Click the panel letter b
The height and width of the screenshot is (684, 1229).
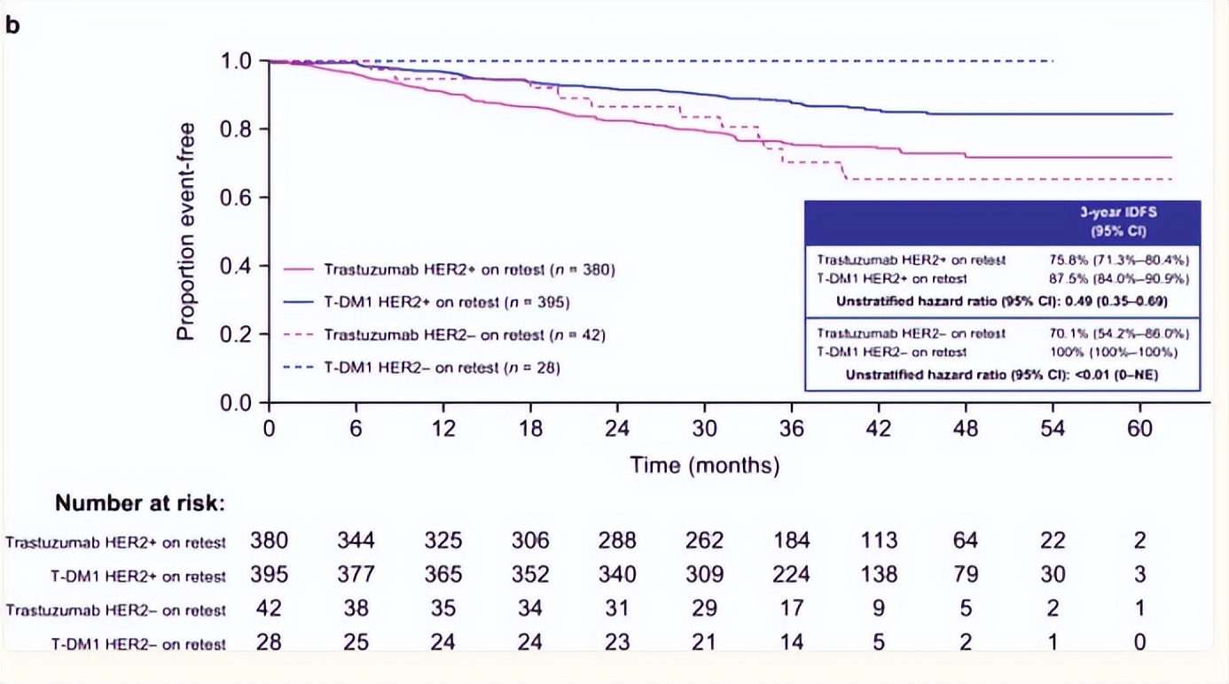pyautogui.click(x=12, y=25)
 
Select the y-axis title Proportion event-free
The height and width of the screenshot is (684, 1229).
pyautogui.click(x=185, y=232)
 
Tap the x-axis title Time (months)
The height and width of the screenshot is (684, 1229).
pyautogui.click(x=704, y=464)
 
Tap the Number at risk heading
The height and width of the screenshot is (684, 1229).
pyautogui.click(x=140, y=503)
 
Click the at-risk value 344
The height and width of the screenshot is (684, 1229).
pyautogui.click(x=356, y=540)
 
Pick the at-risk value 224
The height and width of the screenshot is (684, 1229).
pyautogui.click(x=791, y=575)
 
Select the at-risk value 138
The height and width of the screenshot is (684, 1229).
pyautogui.click(x=879, y=575)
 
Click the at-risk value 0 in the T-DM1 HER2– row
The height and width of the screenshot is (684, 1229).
pyautogui.click(x=1139, y=642)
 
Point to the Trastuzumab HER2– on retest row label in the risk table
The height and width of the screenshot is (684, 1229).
pyautogui.click(x=116, y=610)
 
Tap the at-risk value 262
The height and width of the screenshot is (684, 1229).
pyautogui.click(x=704, y=540)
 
